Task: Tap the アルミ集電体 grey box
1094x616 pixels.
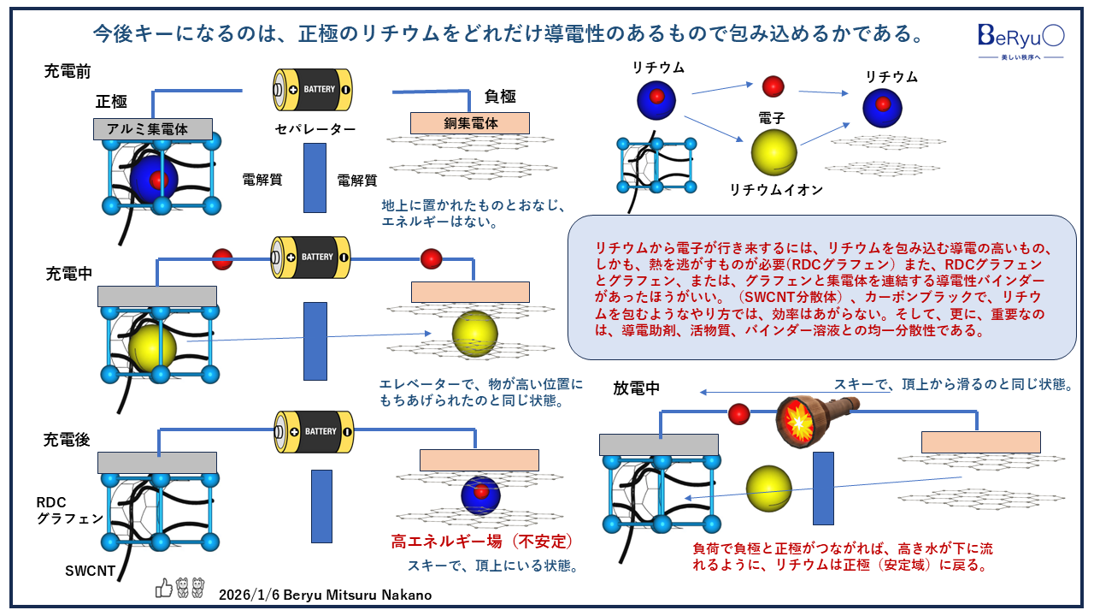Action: point(153,129)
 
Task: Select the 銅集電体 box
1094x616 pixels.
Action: point(470,123)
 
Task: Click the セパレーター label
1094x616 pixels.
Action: point(315,130)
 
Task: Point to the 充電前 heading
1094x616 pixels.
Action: point(68,72)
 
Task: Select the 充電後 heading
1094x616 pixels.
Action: point(68,440)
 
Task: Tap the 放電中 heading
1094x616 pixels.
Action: point(637,388)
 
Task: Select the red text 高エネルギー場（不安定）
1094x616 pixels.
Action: point(481,541)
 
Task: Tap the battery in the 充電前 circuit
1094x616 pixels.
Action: point(312,89)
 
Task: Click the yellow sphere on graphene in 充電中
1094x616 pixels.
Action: point(474,335)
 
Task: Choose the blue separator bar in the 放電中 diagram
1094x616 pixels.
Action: point(823,488)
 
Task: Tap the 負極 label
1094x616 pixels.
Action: point(500,96)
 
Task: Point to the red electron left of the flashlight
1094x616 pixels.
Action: point(738,415)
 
